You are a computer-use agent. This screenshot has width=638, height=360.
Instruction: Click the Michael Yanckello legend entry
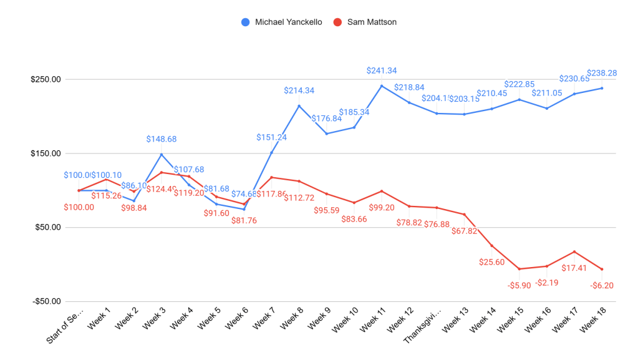pos(281,22)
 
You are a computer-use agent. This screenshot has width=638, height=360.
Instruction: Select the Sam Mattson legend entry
pos(365,22)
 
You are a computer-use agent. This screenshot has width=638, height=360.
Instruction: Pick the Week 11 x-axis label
pos(373,319)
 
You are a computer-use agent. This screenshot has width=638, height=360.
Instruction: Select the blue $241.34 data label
pos(382,71)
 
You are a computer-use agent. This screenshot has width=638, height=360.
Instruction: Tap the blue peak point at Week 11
pos(382,86)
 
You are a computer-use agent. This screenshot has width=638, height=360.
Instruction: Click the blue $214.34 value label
pos(299,90)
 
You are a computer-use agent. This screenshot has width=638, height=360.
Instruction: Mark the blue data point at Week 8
pos(299,106)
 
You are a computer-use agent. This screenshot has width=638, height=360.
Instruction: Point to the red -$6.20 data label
pos(602,285)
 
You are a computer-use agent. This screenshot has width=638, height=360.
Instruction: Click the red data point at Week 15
pos(519,269)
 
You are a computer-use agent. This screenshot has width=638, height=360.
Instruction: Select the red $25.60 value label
pos(491,261)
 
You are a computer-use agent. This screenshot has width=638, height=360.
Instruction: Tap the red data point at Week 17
pos(574,251)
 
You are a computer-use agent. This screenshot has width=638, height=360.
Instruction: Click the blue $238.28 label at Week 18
pos(602,73)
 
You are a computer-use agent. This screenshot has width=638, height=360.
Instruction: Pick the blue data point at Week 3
pos(162,155)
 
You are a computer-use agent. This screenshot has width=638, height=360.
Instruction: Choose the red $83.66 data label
pos(354,218)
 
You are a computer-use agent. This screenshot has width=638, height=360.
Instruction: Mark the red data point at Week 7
pos(271,177)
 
